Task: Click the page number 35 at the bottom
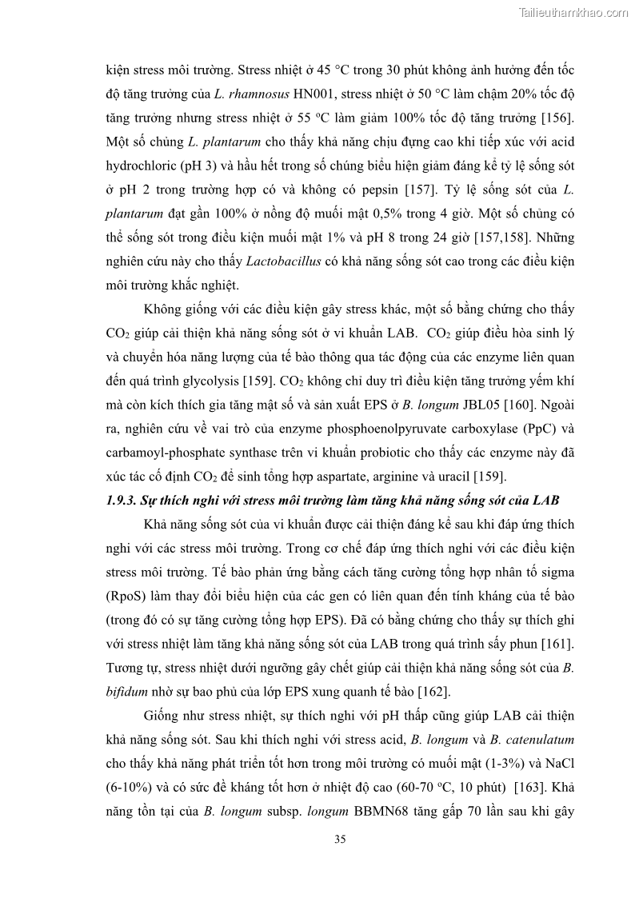point(341,840)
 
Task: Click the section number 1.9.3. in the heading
point(123,501)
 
